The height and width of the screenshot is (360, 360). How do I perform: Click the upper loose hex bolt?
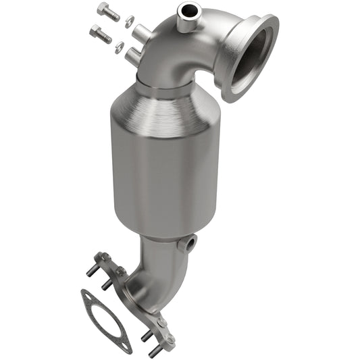(x=107, y=11)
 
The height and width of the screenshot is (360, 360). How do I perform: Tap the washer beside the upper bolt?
(x=130, y=19)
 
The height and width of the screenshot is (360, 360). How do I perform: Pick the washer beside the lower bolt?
(x=120, y=46)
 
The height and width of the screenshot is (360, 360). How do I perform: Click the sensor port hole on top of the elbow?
(x=186, y=10)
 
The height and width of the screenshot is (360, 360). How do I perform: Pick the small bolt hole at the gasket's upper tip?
(x=86, y=294)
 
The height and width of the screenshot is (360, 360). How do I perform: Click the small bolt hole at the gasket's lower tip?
(x=126, y=346)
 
